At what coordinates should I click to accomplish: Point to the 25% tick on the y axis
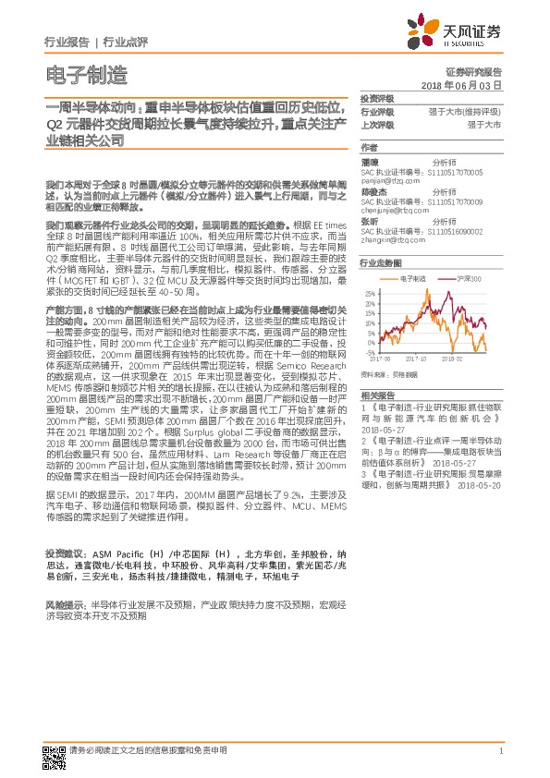pyautogui.click(x=370, y=293)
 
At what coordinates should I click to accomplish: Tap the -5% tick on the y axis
pyautogui.click(x=371, y=352)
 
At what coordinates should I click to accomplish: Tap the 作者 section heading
pyautogui.click(x=369, y=148)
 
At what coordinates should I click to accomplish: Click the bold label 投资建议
pyautogui.click(x=62, y=551)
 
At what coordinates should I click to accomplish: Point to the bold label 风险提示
pyautogui.click(x=62, y=602)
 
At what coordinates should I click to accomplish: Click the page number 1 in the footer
pyautogui.click(x=500, y=750)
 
